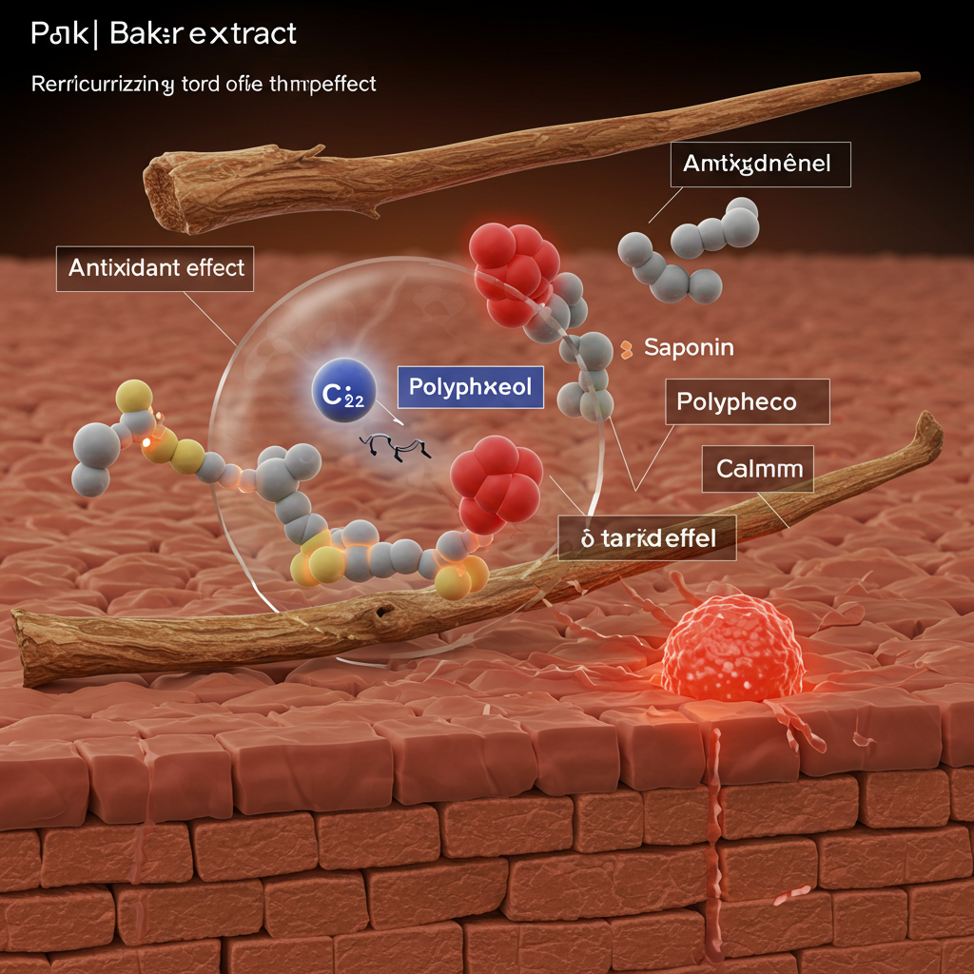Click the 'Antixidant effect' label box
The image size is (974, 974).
point(156,267)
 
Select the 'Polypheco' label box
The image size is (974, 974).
point(735,401)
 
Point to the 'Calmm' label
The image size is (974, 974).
point(758,468)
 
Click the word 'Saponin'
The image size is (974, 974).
point(689,347)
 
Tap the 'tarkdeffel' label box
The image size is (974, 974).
point(634,538)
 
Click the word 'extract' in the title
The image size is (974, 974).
point(243,35)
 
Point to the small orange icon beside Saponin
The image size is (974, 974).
point(626,349)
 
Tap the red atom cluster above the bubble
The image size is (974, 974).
point(515,260)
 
